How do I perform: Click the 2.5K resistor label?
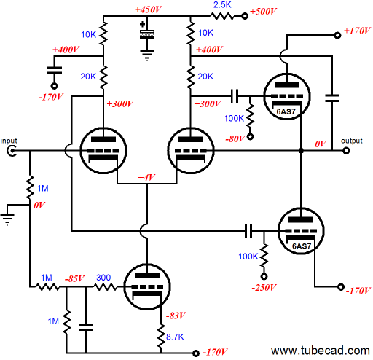point(222,5)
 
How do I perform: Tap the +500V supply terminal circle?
point(245,16)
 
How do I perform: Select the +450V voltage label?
point(148,9)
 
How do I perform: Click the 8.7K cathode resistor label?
point(175,337)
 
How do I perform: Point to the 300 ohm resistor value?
point(103,278)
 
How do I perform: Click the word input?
point(9,141)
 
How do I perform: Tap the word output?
point(351,141)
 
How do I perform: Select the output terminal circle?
point(346,151)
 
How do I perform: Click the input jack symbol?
point(12,151)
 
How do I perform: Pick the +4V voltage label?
point(146,178)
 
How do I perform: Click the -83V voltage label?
point(176,316)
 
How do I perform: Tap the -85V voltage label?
point(74,278)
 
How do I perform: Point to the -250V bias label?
point(264,288)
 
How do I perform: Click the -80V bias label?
point(235,139)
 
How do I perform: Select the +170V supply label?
point(357,31)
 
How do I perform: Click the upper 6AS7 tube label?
point(286,111)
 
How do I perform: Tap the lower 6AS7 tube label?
point(302,246)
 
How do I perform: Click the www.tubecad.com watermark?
point(321,351)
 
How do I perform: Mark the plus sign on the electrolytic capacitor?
point(143,24)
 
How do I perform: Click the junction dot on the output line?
point(301,151)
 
